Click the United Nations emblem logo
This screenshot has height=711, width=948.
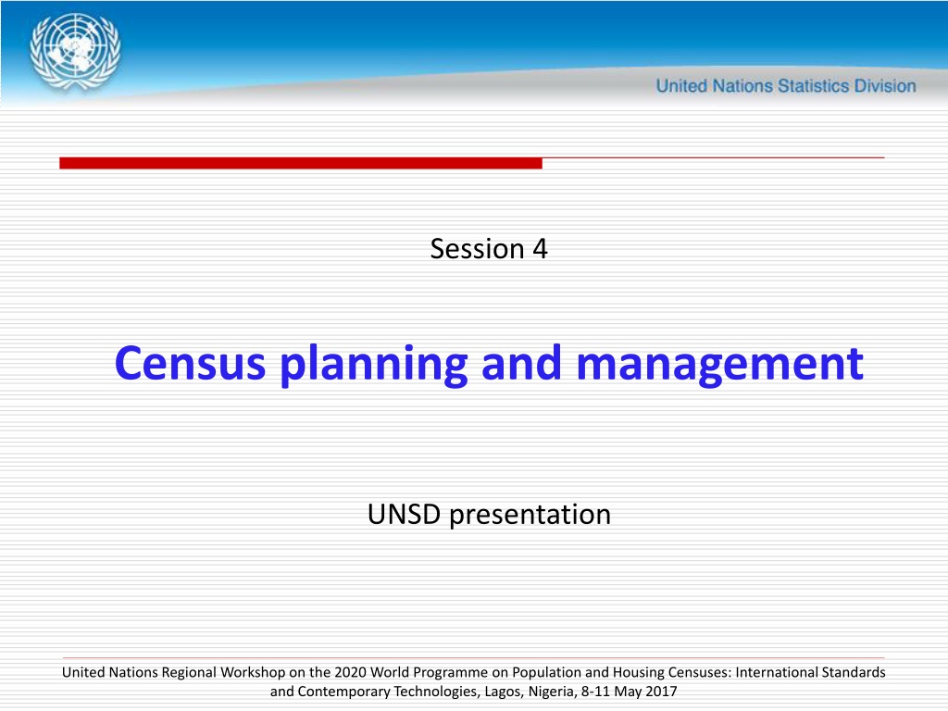(75, 52)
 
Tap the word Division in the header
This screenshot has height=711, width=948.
(885, 86)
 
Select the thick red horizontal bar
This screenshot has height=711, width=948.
(301, 163)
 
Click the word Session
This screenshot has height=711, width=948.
(477, 248)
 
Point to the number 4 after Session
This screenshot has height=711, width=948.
(540, 249)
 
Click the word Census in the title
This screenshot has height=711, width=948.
(190, 363)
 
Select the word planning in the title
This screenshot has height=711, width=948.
(374, 365)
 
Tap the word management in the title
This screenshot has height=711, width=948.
(720, 365)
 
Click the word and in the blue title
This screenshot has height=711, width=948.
(522, 363)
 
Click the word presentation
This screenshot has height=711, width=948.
(530, 515)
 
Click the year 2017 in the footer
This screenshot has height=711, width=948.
(661, 691)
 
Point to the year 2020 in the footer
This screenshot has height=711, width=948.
(351, 672)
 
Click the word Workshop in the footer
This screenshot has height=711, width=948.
(253, 673)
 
